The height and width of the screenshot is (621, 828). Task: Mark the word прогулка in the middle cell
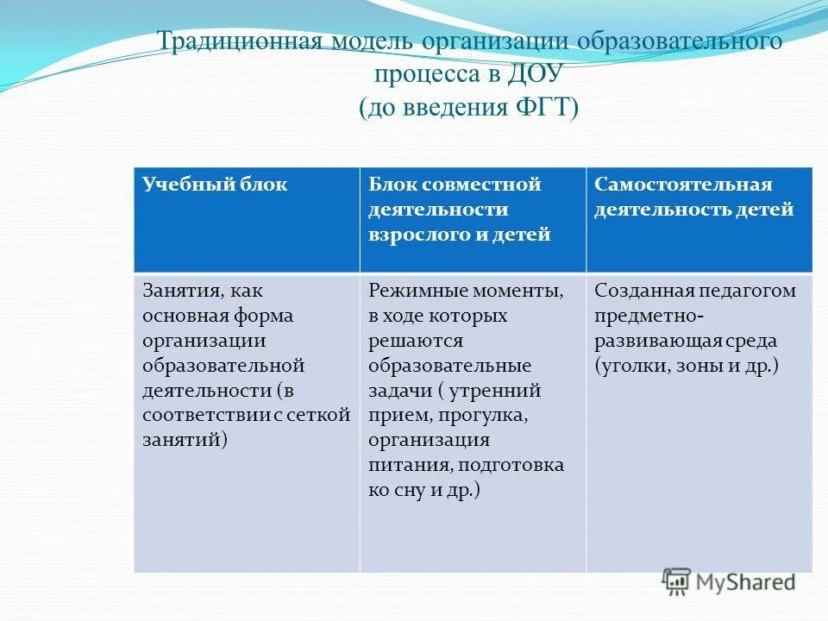coord(481,416)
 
